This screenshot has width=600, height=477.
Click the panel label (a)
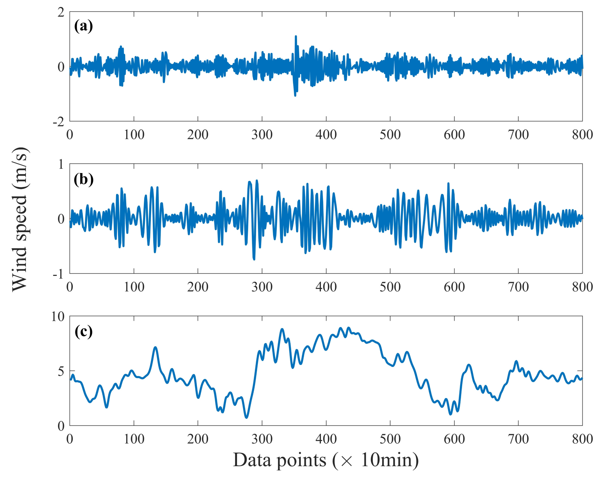(83, 27)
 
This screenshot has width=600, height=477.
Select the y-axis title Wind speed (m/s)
(20, 219)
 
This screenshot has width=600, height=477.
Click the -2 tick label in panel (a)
(59, 122)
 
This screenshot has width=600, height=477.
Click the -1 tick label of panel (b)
(59, 274)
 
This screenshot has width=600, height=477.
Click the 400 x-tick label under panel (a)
(326, 135)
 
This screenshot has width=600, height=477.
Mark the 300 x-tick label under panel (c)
(262, 439)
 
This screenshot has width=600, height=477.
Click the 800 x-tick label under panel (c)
(582, 439)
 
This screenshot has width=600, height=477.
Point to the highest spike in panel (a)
(296, 36)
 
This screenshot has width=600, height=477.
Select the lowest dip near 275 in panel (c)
(246, 417)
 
